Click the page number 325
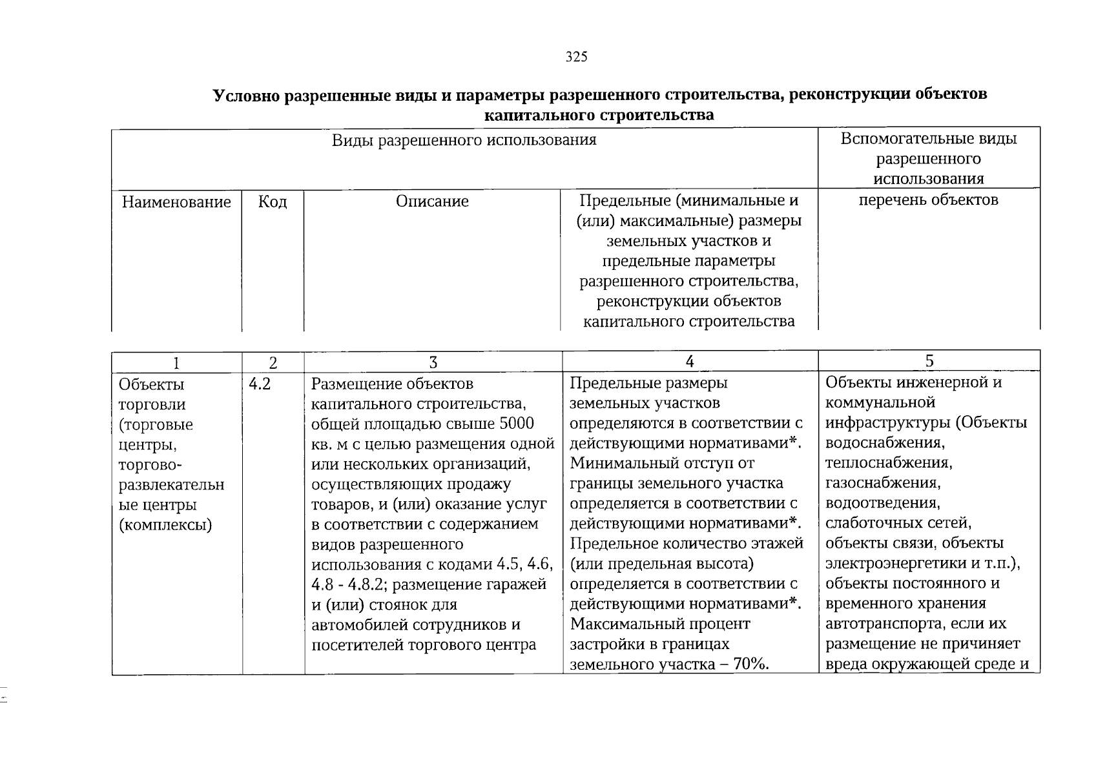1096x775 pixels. tap(576, 57)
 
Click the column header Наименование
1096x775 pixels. tap(176, 202)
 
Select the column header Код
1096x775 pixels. tap(273, 202)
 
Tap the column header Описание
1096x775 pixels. tap(432, 201)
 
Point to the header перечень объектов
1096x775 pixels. tap(928, 200)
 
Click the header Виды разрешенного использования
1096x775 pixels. tap(464, 140)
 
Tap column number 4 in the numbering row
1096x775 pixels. tap(690, 362)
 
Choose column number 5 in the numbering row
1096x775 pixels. tap(929, 361)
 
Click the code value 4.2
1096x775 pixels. tap(259, 384)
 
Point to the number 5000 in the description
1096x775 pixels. tap(517, 424)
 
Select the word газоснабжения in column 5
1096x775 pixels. tap(882, 483)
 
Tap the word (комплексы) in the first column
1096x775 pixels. tap(165, 525)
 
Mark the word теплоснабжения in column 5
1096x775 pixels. tap(888, 463)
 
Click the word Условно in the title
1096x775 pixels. tap(247, 95)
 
